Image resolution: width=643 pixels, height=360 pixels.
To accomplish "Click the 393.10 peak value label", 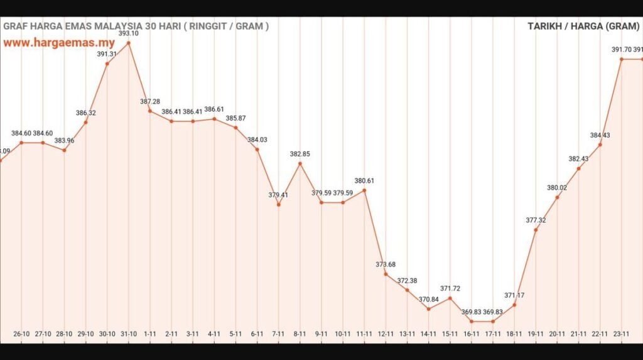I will point(129,33).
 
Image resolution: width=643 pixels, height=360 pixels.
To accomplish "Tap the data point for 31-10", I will point(129,43).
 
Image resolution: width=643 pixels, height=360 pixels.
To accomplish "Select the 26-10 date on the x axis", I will point(21,334).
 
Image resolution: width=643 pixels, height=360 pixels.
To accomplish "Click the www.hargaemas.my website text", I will point(59,43).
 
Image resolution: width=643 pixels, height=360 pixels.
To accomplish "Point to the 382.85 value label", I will point(300,154).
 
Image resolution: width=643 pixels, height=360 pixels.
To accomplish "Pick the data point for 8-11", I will point(300,163).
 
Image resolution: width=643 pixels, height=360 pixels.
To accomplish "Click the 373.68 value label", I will point(386,265).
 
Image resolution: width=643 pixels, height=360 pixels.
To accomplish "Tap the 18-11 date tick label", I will point(514,334).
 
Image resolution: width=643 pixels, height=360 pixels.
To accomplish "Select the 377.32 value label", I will point(536,221).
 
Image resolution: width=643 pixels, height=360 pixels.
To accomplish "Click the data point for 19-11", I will point(536,230).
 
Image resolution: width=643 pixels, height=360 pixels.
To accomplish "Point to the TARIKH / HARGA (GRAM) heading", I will point(583,26).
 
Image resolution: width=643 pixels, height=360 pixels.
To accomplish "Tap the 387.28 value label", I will point(150,101).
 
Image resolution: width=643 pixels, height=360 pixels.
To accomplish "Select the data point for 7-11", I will point(279,205).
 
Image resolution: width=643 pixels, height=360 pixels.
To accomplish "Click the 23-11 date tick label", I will point(622,334).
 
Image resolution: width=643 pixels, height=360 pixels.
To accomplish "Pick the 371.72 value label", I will point(450,288).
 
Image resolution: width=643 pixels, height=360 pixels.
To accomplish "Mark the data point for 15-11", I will point(450,298).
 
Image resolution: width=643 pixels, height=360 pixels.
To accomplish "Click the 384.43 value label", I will point(600,135).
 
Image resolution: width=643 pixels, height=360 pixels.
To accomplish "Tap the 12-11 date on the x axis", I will point(386,334).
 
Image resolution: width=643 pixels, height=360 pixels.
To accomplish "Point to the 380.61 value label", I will point(364,180).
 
